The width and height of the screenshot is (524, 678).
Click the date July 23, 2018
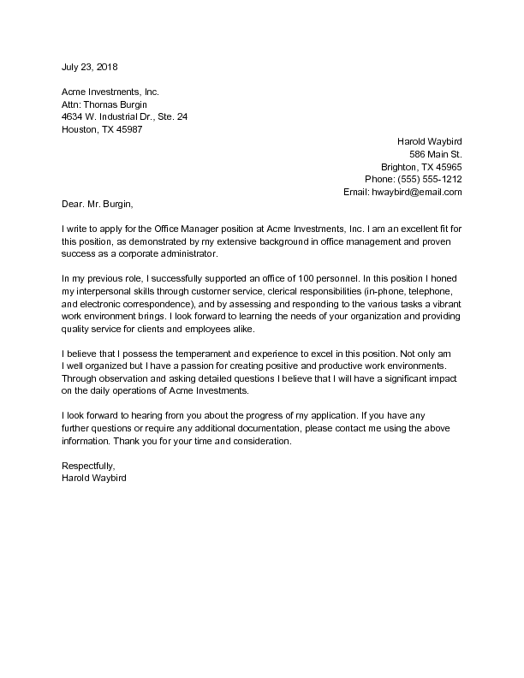click(x=90, y=67)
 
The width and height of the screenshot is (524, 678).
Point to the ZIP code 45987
click(x=129, y=130)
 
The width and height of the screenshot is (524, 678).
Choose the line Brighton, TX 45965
click(x=421, y=167)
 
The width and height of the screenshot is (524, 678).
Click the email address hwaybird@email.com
click(x=417, y=193)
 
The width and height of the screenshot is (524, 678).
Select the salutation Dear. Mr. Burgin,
click(x=98, y=205)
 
